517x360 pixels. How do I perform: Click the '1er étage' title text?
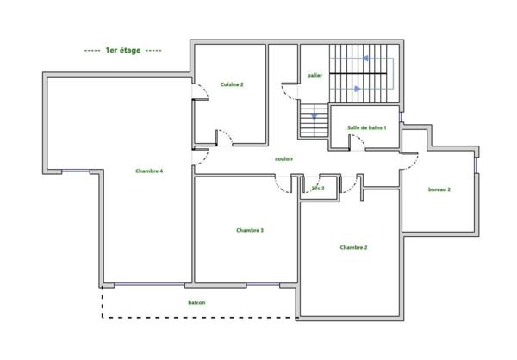(123, 51)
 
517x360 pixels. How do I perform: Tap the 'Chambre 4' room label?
(149, 171)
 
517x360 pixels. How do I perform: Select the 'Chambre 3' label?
(249, 230)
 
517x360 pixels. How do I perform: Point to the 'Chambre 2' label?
(353, 247)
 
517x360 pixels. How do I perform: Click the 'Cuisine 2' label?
(232, 84)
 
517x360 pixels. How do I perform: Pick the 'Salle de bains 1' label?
(366, 127)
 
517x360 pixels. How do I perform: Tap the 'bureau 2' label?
(439, 189)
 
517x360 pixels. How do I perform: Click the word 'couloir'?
(284, 159)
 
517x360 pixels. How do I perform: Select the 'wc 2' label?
(318, 187)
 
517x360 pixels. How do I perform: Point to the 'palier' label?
(314, 76)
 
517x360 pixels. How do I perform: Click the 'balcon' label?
(197, 302)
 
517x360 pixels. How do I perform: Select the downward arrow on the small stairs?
(315, 115)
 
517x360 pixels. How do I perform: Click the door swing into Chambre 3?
(282, 183)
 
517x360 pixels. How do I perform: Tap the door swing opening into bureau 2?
(411, 158)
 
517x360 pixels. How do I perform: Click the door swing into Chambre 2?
(350, 183)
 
